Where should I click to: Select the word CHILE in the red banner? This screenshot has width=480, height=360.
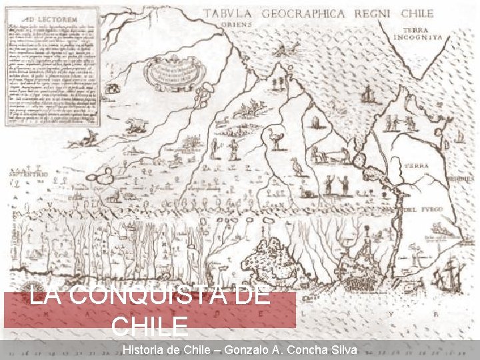[x=149, y=327]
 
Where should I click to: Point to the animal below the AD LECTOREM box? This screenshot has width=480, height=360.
[x=137, y=124]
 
